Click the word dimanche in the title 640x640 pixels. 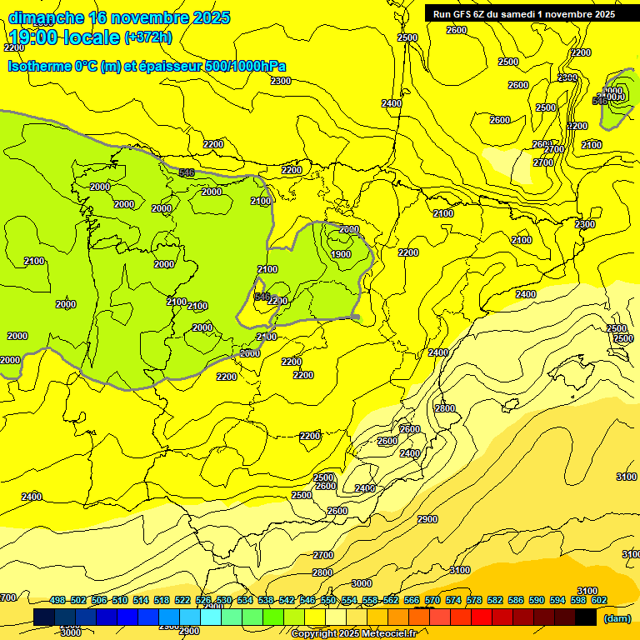[x=46, y=17]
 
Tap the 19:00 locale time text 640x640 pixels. [x=64, y=37]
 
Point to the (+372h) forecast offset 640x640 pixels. [x=147, y=37]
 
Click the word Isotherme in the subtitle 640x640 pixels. [x=39, y=66]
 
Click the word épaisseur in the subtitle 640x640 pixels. [x=169, y=66]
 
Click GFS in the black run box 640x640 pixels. [x=462, y=14]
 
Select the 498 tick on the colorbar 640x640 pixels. [x=57, y=600]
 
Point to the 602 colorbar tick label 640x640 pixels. [x=599, y=600]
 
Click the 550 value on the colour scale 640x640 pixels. [x=328, y=600]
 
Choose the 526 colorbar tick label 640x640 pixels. [x=203, y=600]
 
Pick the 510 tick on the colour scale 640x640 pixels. [x=120, y=600]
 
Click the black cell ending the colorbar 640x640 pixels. [x=586, y=617]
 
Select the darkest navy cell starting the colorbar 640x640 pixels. [x=44, y=617]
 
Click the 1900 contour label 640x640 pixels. [x=340, y=254]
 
